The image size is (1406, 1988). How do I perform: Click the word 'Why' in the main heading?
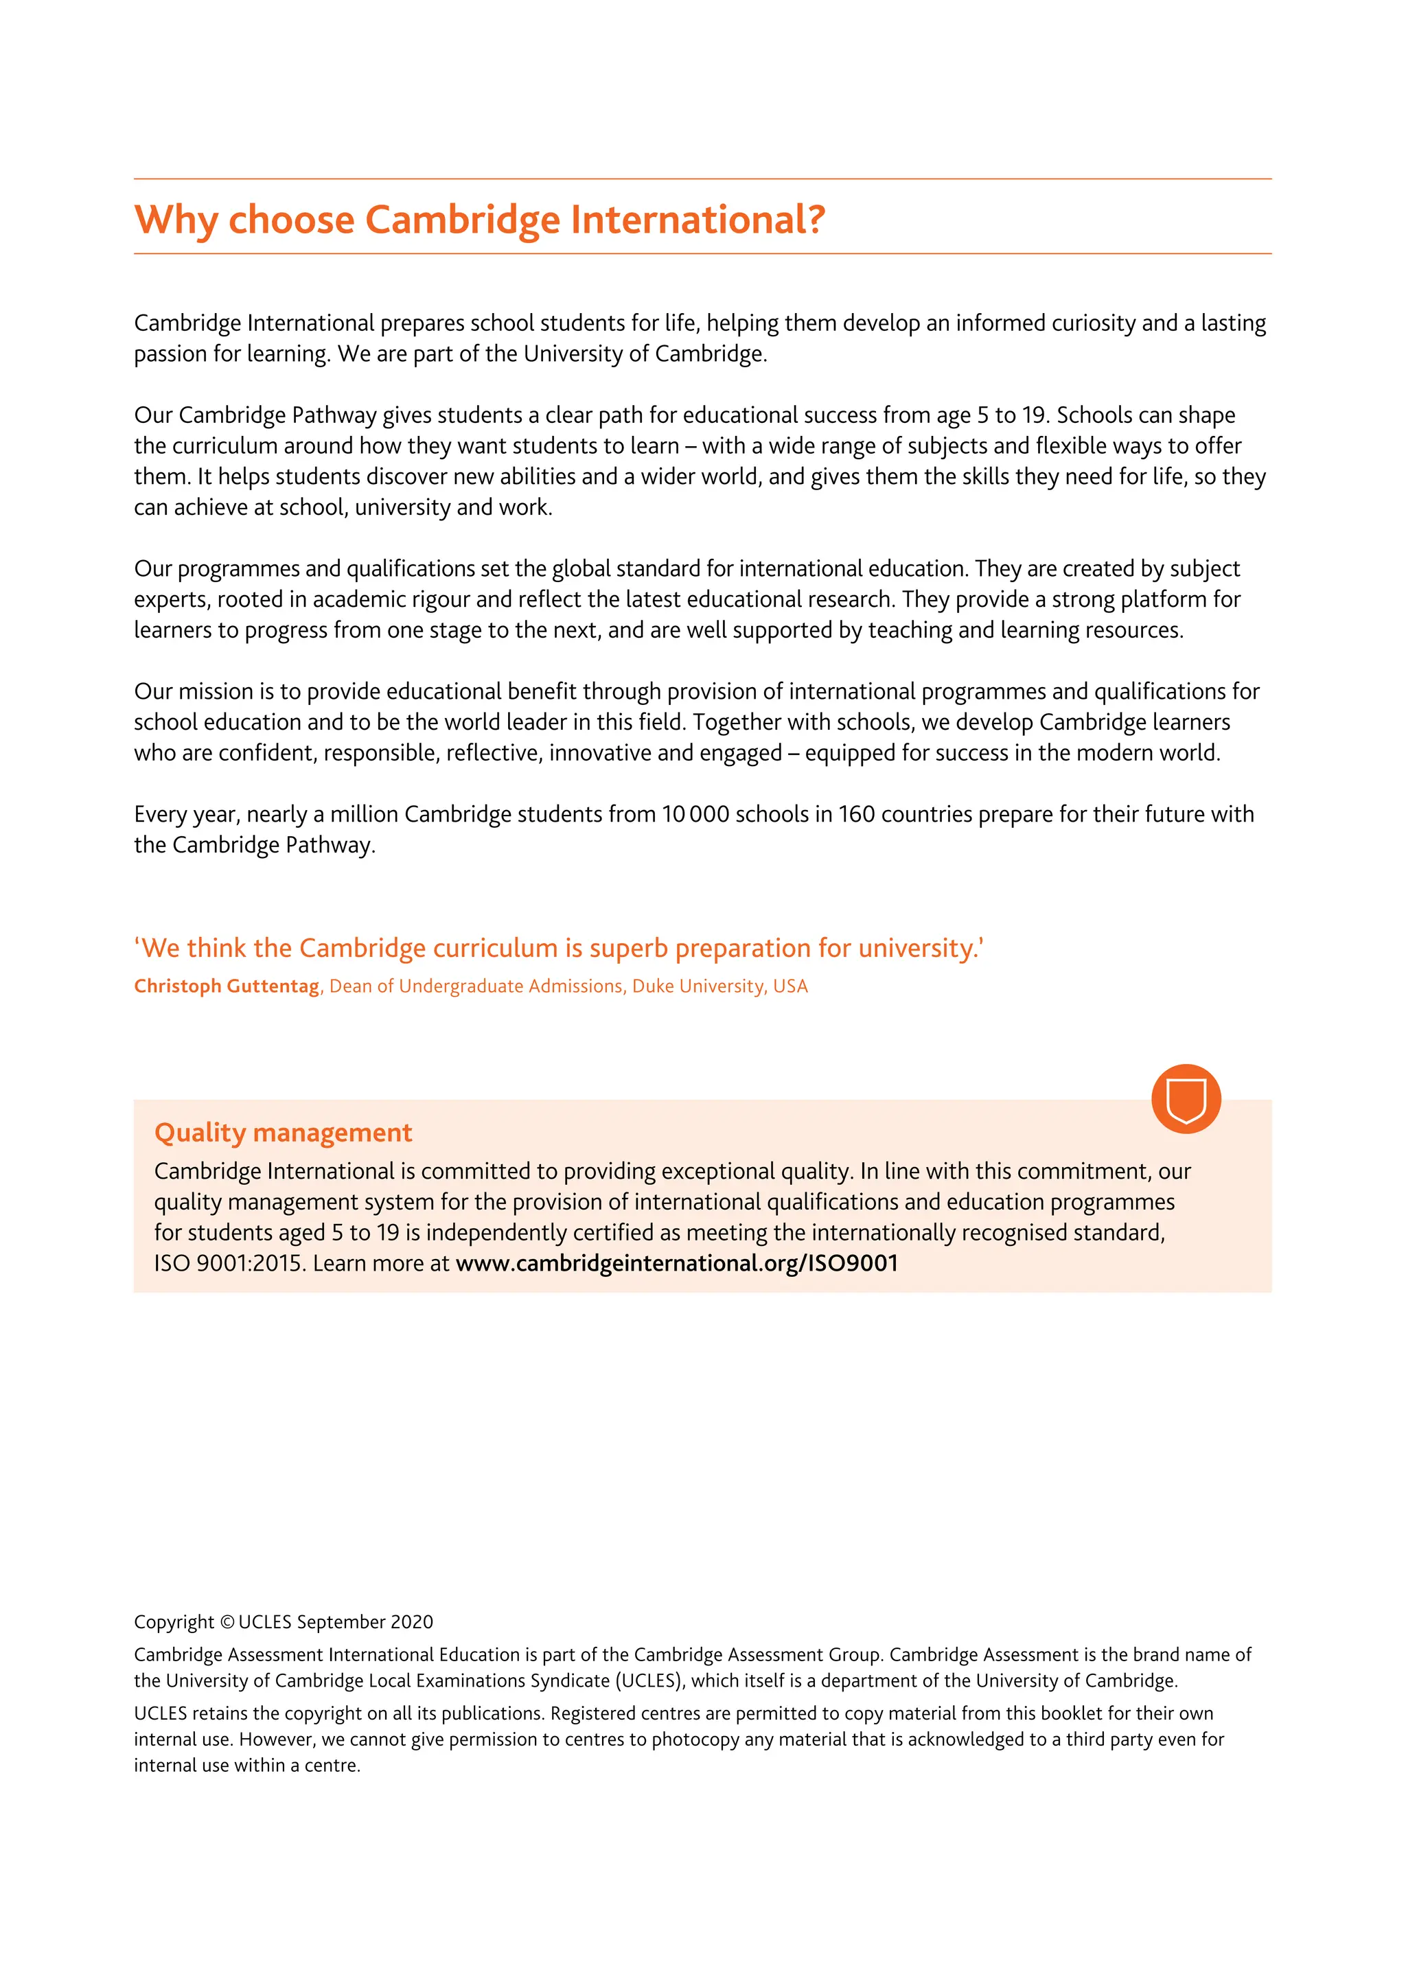(x=176, y=220)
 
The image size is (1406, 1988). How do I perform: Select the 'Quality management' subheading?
(x=283, y=1133)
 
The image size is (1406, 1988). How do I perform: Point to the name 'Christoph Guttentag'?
(x=226, y=986)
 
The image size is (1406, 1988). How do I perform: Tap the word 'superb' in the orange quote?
(x=629, y=948)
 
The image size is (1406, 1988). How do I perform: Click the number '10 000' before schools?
(x=695, y=815)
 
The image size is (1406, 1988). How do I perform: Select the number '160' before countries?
(x=856, y=815)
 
